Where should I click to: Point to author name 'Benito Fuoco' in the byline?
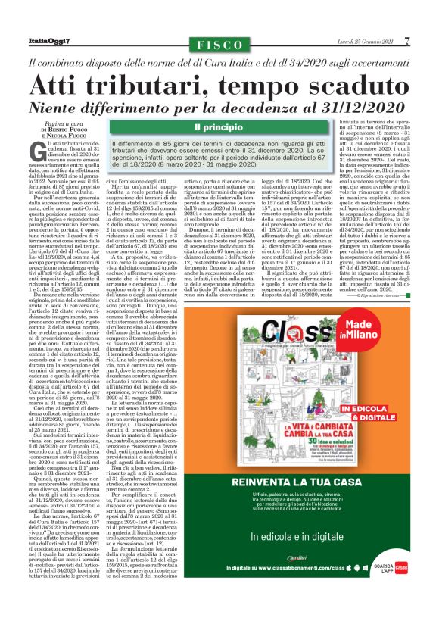coord(60,130)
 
